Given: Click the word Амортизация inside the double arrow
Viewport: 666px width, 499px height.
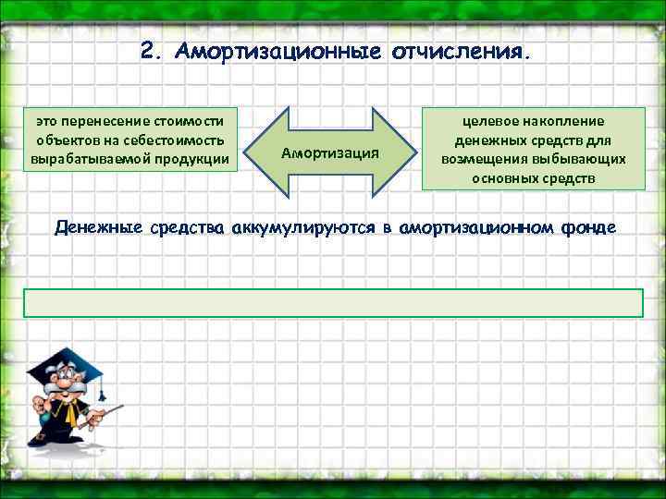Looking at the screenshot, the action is pos(331,152).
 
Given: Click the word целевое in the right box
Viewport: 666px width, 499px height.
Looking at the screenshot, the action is pos(488,121).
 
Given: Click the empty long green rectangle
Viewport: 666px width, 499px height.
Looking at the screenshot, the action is pos(332,303).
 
